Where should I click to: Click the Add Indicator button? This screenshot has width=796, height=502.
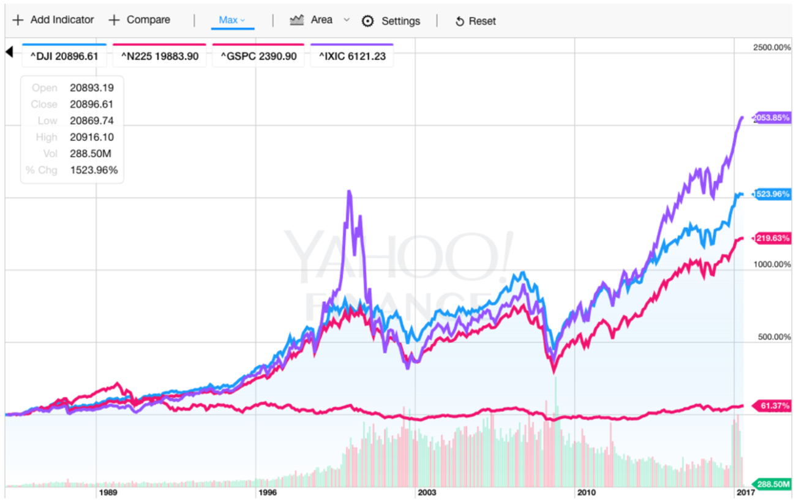[x=53, y=20]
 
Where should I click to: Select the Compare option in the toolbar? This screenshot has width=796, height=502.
[x=140, y=20]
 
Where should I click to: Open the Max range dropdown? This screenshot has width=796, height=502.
[x=232, y=20]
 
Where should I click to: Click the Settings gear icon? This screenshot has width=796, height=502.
[x=367, y=21]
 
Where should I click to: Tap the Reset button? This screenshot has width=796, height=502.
[x=475, y=21]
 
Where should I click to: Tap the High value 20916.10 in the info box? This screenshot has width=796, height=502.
[x=91, y=137]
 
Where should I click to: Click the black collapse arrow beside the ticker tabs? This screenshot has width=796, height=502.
[x=9, y=52]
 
